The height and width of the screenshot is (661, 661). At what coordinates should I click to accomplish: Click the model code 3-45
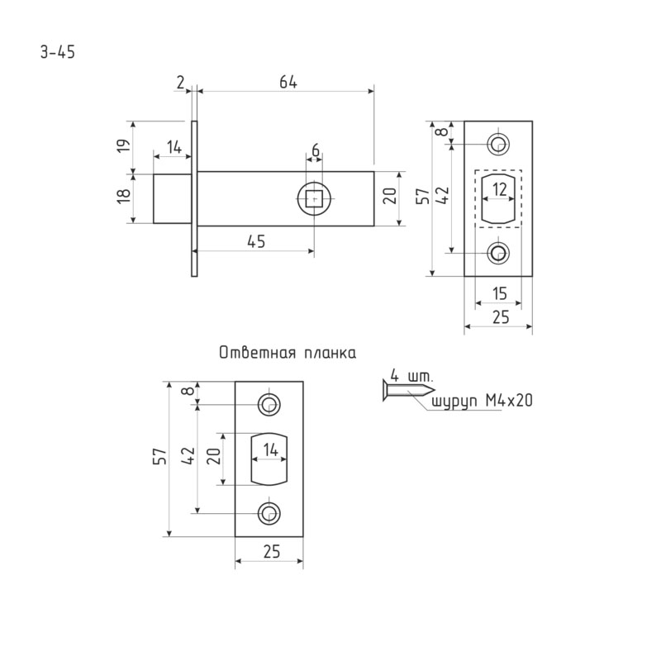57,52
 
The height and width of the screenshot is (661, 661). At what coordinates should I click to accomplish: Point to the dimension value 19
122,146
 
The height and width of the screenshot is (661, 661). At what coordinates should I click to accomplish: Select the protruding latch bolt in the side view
173,198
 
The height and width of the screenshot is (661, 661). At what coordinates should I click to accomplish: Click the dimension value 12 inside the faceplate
499,189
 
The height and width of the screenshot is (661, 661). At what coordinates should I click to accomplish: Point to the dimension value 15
498,292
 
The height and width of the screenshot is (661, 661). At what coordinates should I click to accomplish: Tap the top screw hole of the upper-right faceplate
498,144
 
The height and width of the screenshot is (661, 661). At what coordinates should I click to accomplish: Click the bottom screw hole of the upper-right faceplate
498,253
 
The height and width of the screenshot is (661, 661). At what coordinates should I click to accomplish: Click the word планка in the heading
329,354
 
